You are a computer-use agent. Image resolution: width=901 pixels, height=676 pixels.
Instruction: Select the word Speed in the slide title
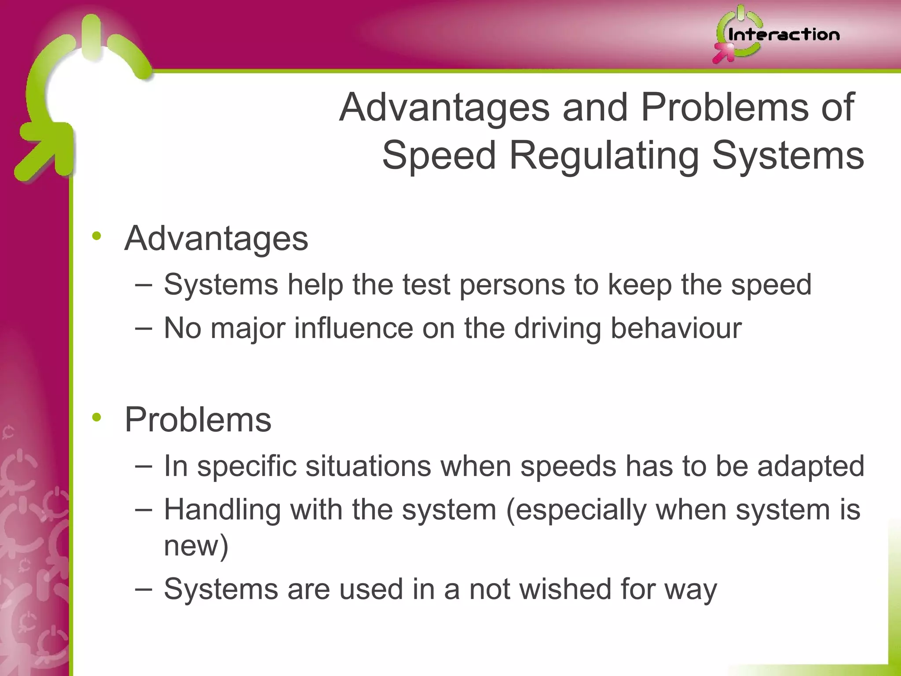pos(439,156)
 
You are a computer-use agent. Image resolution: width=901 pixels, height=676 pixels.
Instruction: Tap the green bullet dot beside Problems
pos(97,417)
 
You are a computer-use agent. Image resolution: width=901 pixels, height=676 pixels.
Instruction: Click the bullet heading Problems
pos(198,419)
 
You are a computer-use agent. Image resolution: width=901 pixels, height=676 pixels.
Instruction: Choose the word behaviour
pos(676,328)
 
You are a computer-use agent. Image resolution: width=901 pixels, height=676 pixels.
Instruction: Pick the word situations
pos(368,466)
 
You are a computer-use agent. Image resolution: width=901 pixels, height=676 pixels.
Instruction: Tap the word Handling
pos(222,510)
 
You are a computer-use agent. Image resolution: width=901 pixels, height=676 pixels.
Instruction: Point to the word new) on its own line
pos(196,546)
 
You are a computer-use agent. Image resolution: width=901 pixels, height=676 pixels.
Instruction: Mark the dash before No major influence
pos(144,328)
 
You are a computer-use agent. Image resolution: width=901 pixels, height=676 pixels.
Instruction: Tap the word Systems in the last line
pos(221,589)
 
